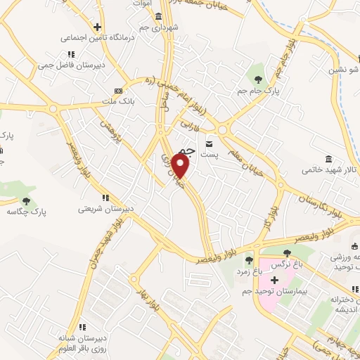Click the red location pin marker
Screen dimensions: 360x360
(x=181, y=167)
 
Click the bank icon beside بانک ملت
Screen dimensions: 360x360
(x=117, y=91)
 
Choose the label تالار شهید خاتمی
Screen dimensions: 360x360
(x=330, y=169)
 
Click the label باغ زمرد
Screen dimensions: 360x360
(x=248, y=271)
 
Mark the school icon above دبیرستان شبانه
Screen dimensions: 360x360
(x=83, y=326)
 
